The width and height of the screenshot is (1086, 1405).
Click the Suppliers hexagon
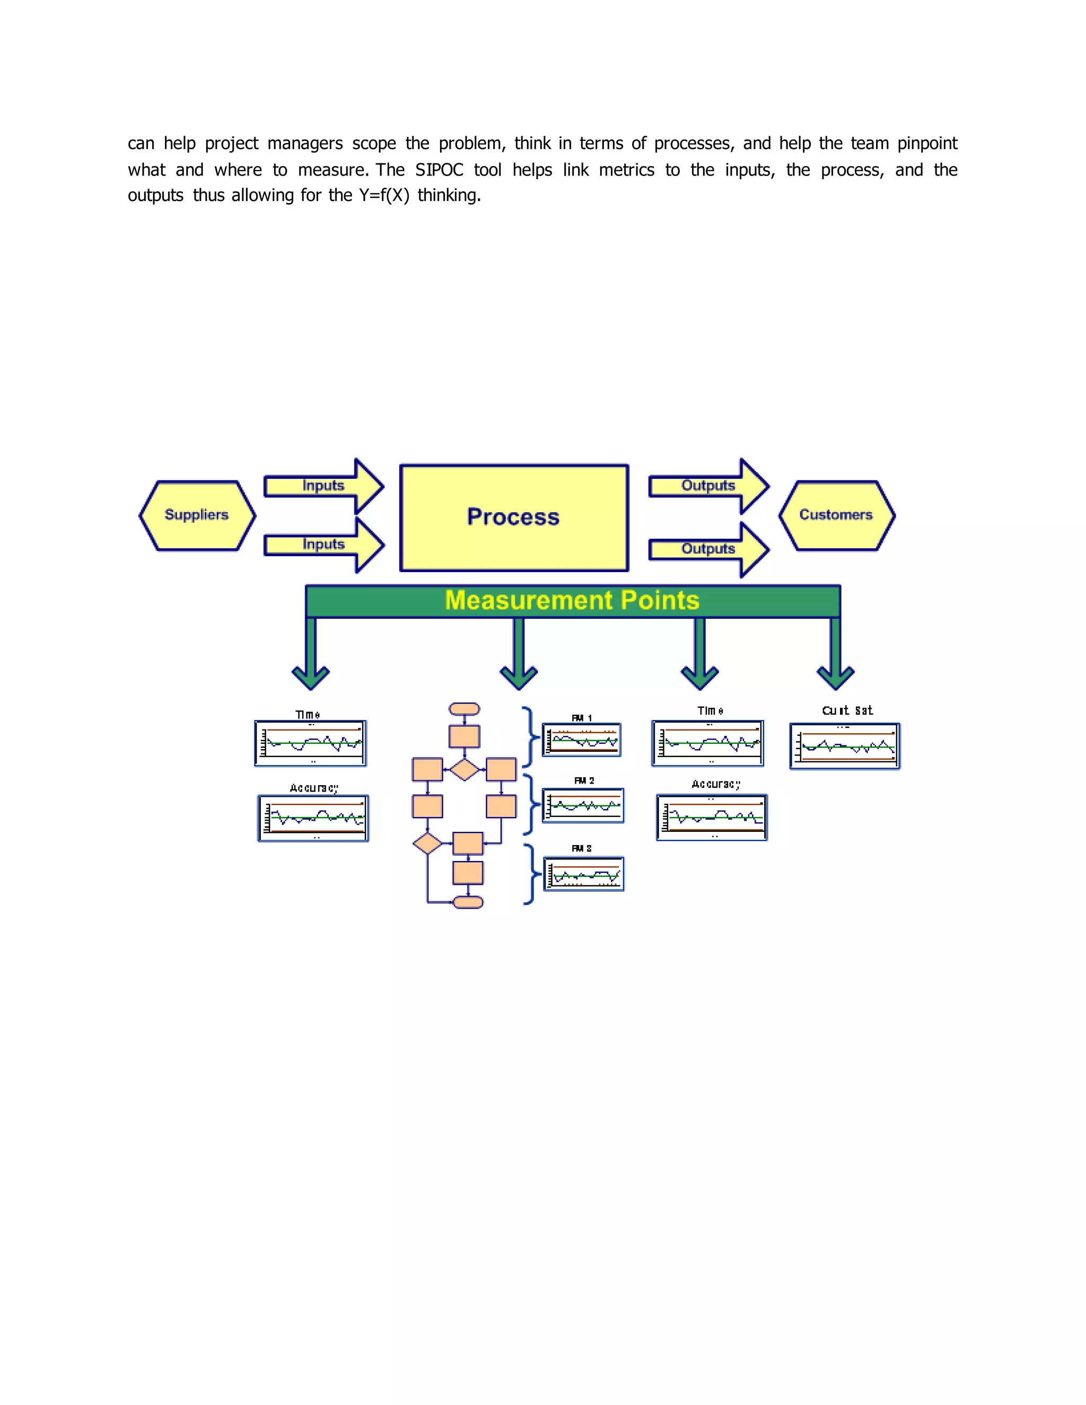coord(197,515)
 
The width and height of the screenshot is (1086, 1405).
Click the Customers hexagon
coord(836,515)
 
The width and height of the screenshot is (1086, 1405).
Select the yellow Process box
coord(513,517)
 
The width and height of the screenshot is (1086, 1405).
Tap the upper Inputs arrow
coord(323,486)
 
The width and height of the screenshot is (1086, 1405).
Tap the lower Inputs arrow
coord(323,545)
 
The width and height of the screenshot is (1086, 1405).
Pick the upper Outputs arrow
coord(708,486)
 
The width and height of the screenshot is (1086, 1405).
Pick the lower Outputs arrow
coord(708,549)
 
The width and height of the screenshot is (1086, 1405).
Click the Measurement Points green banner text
coord(572,601)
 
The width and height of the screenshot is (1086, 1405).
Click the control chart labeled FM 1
coord(582,740)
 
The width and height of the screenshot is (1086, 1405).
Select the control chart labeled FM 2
coord(583,805)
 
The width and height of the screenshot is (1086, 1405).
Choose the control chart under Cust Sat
coord(845,747)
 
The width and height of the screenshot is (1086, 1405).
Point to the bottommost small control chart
coord(583,874)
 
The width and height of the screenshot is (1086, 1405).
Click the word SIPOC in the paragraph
coord(439,170)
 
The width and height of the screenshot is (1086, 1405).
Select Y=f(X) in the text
coord(384,196)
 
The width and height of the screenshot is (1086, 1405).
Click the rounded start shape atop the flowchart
coord(464,709)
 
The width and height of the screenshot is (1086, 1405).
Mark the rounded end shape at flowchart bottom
coord(468,902)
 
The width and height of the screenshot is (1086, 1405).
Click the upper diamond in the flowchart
coord(464,769)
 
